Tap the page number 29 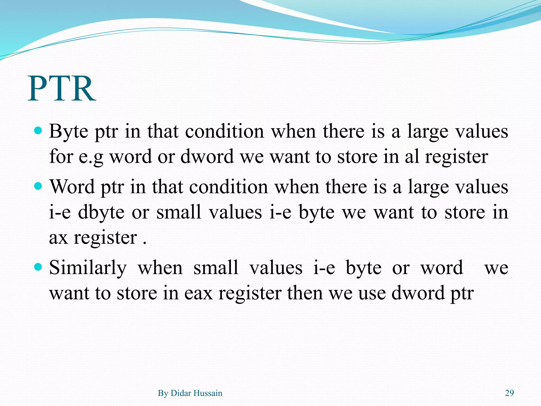(509, 393)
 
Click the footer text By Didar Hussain (190, 393)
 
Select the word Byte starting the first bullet (68, 131)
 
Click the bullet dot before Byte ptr (38, 131)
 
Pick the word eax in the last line (198, 293)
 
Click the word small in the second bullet (179, 212)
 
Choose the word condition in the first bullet (224, 131)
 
